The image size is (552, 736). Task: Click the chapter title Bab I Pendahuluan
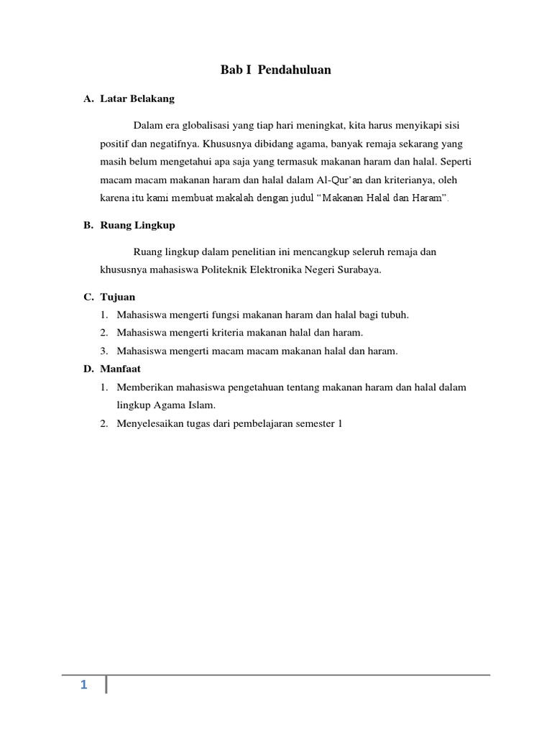pyautogui.click(x=275, y=70)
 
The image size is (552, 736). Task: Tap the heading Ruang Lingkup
pyautogui.click(x=138, y=225)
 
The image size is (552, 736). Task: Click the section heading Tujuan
pyautogui.click(x=119, y=296)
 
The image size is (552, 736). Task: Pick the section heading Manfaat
pyautogui.click(x=121, y=369)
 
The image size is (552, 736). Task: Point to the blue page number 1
pyautogui.click(x=83, y=685)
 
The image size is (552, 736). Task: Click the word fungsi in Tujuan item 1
pyautogui.click(x=226, y=315)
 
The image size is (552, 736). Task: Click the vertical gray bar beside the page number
pyautogui.click(x=106, y=684)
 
